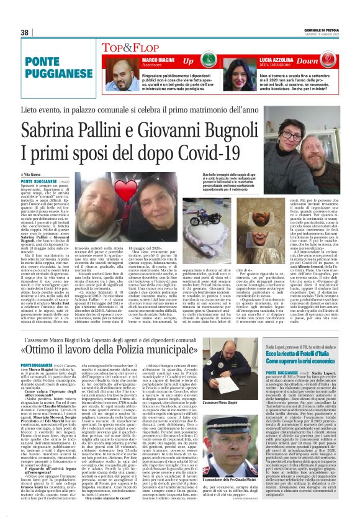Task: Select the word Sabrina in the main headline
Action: (53, 133)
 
